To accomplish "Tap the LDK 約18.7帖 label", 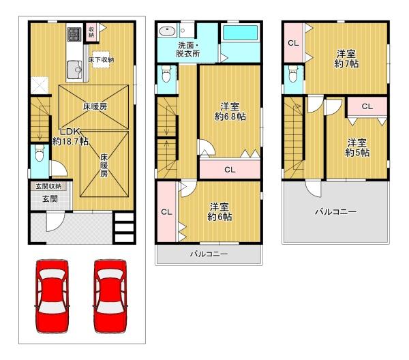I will coord(70,136).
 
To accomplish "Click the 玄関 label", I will coord(41,199).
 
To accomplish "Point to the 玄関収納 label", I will coord(44,186).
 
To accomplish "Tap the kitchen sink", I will coord(74,68).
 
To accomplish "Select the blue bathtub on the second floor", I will coord(240,33).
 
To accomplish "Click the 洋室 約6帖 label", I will coord(219,211).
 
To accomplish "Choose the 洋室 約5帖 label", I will coord(357,147).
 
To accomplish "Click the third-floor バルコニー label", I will coord(335,212).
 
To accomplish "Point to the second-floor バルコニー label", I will coord(208,254).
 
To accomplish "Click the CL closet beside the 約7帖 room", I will coord(292,44).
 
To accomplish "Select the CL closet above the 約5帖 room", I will coord(367,106).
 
